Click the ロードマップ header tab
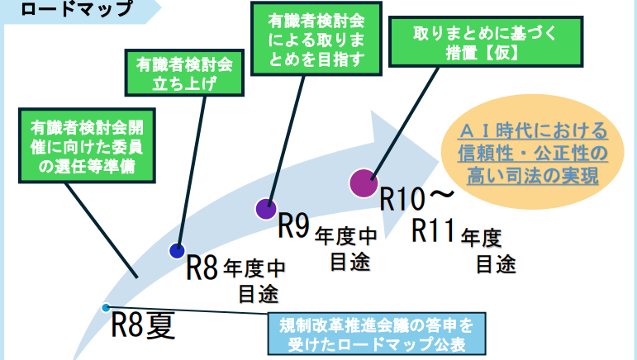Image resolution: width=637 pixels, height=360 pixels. [x=77, y=9]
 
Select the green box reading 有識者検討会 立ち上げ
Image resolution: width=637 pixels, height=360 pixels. [x=184, y=73]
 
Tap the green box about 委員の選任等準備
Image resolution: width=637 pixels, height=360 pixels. [x=87, y=145]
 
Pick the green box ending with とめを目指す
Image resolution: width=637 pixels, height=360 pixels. [x=316, y=39]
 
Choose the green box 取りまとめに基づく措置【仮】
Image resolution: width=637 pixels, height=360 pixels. [x=486, y=42]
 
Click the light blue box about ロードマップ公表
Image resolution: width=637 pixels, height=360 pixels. [x=377, y=334]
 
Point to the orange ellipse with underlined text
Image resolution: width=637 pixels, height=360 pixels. [x=533, y=152]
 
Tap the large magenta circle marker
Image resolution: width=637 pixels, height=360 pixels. [x=364, y=183]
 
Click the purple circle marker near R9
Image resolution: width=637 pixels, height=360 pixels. [x=266, y=209]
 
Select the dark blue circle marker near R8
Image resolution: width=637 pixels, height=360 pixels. [x=177, y=251]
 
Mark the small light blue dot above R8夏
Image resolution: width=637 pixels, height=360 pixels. [x=106, y=308]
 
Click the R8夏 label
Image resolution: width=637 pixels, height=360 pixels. [x=143, y=325]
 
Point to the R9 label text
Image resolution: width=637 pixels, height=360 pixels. [x=294, y=225]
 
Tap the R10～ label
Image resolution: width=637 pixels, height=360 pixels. [x=416, y=198]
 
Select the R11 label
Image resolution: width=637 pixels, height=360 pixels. [x=433, y=230]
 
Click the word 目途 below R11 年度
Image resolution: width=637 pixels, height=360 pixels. [x=496, y=264]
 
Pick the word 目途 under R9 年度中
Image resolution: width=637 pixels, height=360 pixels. [x=350, y=262]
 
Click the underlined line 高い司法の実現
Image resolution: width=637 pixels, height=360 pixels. [x=533, y=176]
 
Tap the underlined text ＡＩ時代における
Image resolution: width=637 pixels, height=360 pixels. [x=533, y=130]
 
